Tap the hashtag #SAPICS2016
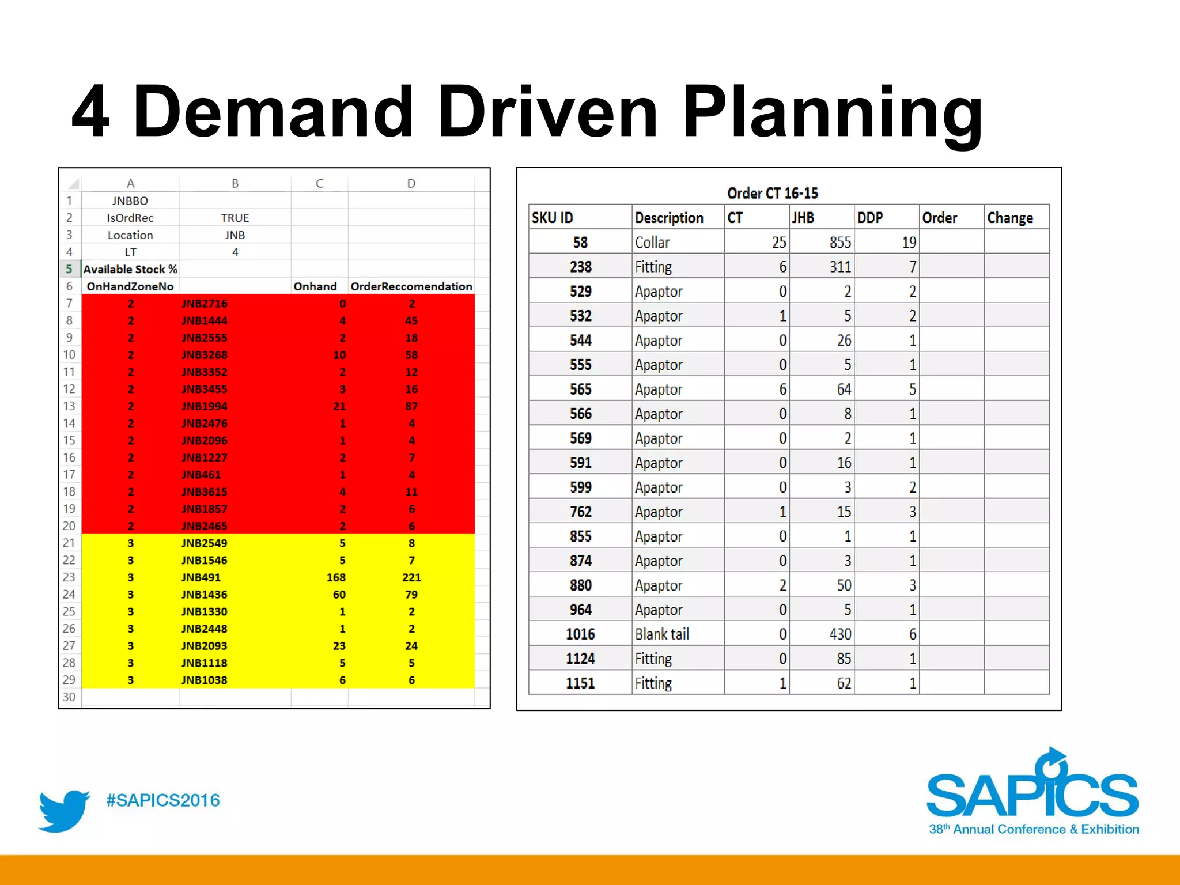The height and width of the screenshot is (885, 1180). pos(163,800)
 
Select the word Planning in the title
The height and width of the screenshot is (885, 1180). pos(832,112)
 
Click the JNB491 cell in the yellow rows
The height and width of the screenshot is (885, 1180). pos(201,577)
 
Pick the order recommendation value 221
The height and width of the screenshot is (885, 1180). pos(411,577)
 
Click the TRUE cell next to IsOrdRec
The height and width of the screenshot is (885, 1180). pos(235,218)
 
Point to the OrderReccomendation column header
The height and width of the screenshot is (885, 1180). pos(411,286)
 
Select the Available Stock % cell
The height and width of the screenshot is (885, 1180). pos(130,269)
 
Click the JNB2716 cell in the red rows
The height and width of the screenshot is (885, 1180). pos(204,304)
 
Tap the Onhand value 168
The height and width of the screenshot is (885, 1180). pos(336,577)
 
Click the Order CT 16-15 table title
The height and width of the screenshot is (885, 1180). pos(772,193)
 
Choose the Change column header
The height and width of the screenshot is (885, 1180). pos(1009,218)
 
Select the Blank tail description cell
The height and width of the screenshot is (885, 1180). pos(662,634)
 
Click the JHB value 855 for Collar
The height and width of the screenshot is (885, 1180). pos(839,243)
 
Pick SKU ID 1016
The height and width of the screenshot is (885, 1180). pos(580,634)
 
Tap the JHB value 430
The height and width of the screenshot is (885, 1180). pos(839,634)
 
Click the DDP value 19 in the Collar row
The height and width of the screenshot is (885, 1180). pos(908,243)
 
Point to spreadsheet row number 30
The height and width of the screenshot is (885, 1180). pos(69,697)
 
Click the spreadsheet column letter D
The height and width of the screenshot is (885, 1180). pos(411,183)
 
